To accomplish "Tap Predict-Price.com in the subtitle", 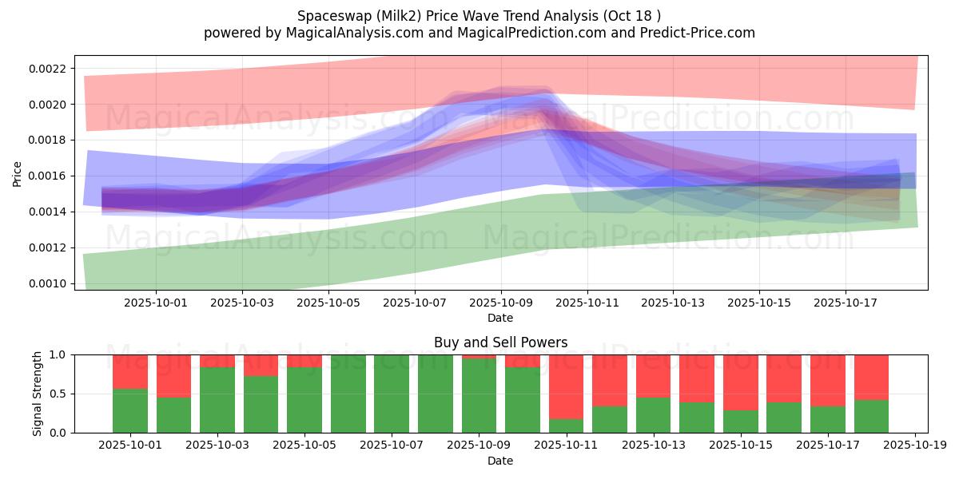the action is (698, 33).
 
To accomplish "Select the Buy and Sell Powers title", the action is (500, 342).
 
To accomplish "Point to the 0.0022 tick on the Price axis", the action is (47, 69).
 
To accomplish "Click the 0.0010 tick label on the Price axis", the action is (47, 283).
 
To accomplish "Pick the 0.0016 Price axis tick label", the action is (47, 176).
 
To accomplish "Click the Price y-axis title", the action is (17, 174).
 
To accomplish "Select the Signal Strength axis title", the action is (38, 394).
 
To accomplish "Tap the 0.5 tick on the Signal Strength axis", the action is (58, 394).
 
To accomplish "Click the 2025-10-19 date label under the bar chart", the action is (915, 445).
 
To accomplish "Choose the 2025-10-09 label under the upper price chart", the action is (501, 303).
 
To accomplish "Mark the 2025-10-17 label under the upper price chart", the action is (846, 303).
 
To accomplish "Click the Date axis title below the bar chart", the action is (500, 461).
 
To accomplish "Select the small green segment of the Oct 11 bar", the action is (566, 426).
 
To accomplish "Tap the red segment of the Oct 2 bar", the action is (174, 376).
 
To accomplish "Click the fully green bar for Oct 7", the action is (392, 394).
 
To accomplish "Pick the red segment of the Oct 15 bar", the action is (741, 382).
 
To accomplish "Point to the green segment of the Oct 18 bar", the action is (871, 417).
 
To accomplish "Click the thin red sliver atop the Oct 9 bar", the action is (479, 357).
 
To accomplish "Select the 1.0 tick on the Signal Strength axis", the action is (58, 354).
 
